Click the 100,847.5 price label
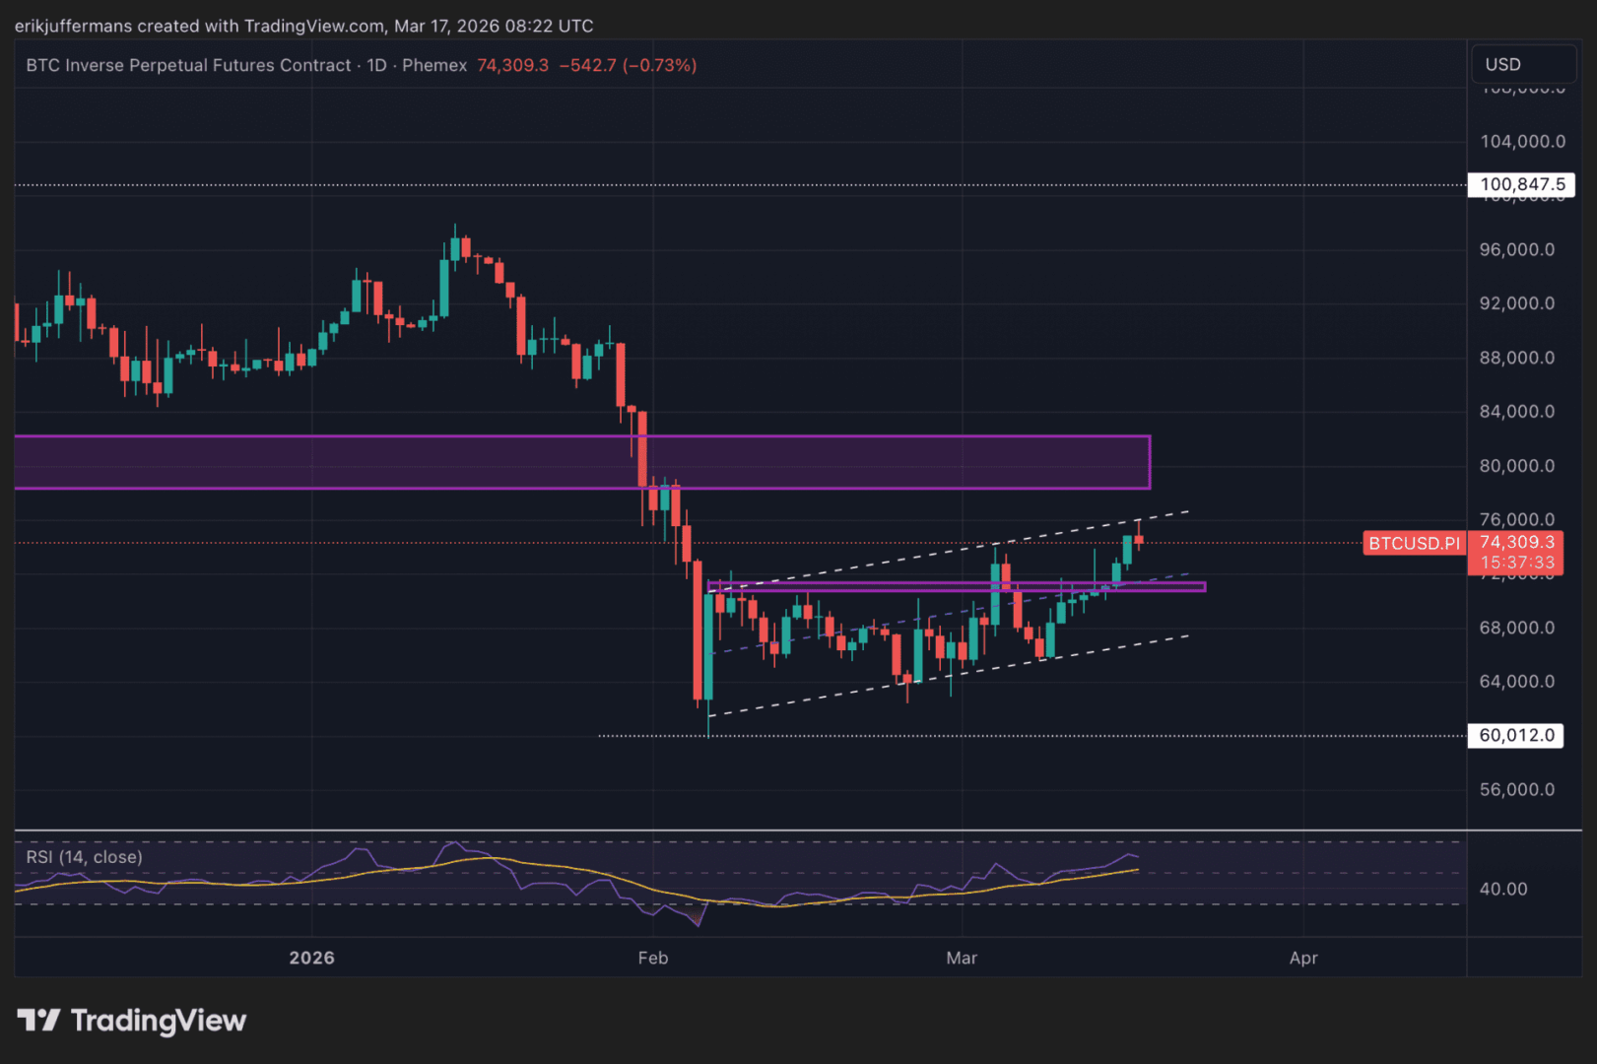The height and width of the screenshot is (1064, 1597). (1522, 184)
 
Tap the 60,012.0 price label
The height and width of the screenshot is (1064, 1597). (1516, 735)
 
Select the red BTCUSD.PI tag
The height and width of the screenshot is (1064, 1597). (1414, 543)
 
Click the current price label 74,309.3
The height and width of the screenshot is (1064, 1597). (1516, 542)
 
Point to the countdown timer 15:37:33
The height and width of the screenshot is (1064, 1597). (1516, 563)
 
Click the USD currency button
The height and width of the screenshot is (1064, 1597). (1502, 64)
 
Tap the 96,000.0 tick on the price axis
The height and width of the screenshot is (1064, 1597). (1516, 249)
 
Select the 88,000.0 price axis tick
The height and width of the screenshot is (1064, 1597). (1516, 358)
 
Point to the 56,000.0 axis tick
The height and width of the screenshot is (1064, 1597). (1516, 789)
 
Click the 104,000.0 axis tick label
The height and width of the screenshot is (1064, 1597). (1522, 141)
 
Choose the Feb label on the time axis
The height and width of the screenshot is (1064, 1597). (652, 958)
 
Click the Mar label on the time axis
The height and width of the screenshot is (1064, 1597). (962, 958)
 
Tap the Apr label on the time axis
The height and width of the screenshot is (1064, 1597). (1303, 958)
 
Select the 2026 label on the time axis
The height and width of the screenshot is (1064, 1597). (311, 958)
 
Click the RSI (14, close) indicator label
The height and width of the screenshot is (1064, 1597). (84, 857)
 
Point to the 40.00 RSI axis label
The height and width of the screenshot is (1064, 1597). (1503, 889)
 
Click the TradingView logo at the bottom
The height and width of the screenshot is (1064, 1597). (132, 1021)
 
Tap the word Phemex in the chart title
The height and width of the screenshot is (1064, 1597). (434, 65)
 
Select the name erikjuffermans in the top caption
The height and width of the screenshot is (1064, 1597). (73, 26)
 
